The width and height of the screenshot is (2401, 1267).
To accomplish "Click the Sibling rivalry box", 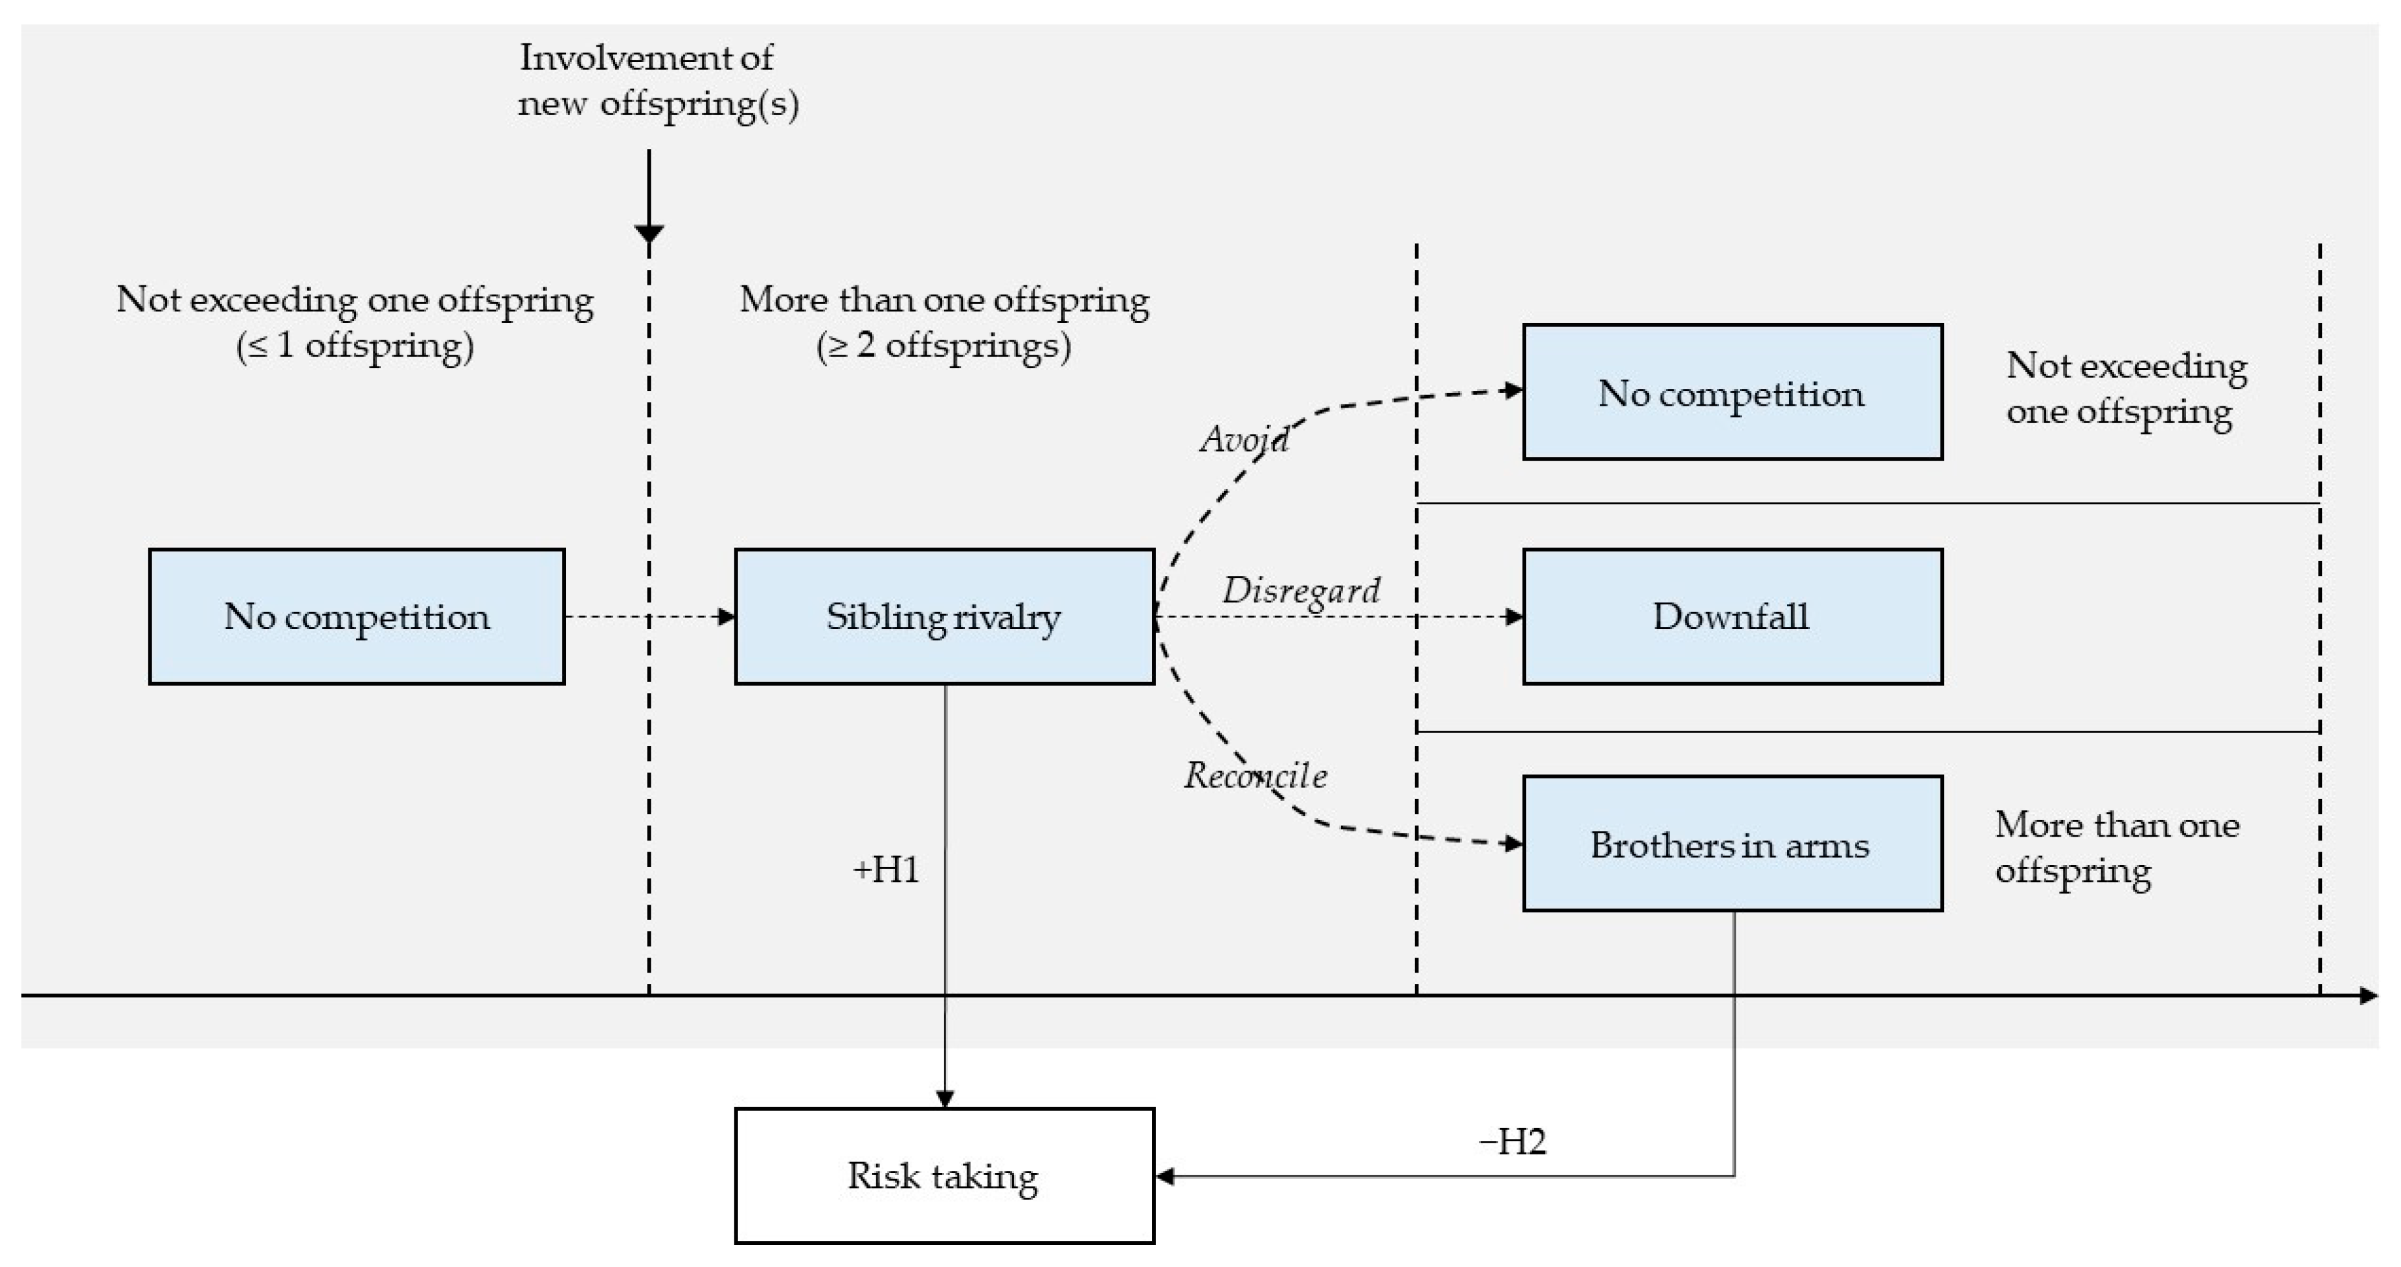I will [943, 617].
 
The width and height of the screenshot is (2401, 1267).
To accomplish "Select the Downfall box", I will [1731, 617].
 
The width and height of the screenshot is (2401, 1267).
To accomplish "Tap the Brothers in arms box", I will [1731, 844].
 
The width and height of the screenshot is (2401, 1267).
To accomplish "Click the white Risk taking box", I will [943, 1176].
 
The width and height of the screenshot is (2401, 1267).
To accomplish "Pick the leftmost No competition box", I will [356, 617].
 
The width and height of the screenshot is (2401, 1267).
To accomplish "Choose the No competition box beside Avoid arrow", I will [1731, 392].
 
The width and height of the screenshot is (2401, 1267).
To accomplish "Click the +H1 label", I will [885, 869].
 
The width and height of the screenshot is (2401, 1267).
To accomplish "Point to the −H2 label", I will [1512, 1141].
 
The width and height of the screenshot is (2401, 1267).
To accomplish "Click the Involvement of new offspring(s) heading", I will [657, 80].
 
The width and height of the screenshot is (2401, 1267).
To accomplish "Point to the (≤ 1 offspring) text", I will [355, 346].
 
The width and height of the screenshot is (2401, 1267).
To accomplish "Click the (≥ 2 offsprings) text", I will [943, 346].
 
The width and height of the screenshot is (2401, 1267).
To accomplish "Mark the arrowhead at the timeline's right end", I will [2369, 996].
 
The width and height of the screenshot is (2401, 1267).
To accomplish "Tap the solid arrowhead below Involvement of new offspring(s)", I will [649, 233].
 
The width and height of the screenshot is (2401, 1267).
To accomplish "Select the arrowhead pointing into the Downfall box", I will [1515, 617].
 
